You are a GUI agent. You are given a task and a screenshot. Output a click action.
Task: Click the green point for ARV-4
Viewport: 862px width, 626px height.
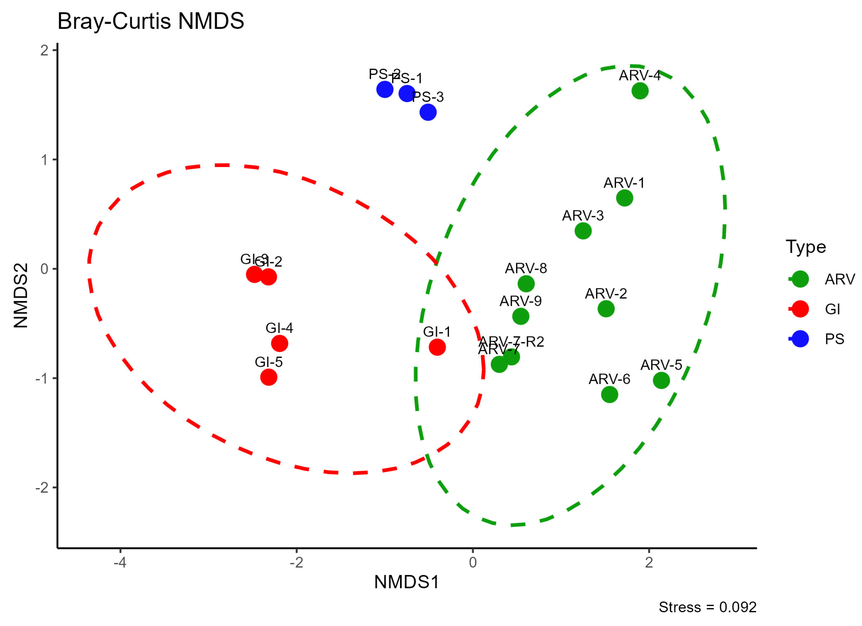click(x=640, y=91)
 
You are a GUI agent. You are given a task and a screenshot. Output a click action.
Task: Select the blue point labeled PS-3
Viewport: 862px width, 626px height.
click(x=428, y=112)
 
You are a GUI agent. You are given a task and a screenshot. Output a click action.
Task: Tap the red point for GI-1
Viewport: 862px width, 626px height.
click(x=437, y=347)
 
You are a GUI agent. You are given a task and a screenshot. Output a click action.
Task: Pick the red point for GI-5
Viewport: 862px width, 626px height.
click(x=269, y=377)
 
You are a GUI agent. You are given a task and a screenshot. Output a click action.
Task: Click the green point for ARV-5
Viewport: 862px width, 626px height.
click(x=661, y=380)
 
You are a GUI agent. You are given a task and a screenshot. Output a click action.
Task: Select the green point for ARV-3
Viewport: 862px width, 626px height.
click(x=583, y=231)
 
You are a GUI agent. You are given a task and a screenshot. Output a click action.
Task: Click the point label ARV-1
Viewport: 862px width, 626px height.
click(x=624, y=183)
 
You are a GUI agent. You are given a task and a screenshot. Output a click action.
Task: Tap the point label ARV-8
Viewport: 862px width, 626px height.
click(x=526, y=268)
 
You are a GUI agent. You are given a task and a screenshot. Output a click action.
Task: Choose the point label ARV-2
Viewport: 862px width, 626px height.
click(x=606, y=293)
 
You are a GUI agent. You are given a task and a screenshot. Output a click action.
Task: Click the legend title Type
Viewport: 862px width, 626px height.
click(x=806, y=247)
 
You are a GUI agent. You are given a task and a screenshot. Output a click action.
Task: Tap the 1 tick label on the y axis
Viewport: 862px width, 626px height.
click(x=44, y=160)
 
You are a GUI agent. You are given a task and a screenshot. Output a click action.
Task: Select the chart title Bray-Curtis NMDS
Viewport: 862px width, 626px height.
click(x=151, y=21)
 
